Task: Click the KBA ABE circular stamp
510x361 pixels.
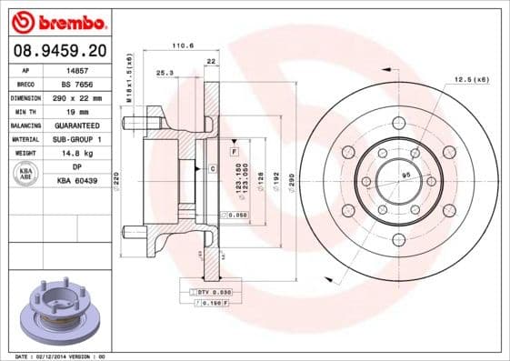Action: tap(26, 175)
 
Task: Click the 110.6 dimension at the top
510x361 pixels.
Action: tap(183, 45)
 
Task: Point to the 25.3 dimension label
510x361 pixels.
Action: tap(165, 72)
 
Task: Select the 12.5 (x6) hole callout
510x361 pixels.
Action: tap(472, 80)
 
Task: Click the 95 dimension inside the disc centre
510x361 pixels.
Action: tap(407, 174)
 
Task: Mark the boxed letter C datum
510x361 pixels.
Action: tap(212, 169)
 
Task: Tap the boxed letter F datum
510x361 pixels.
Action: tap(234, 149)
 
